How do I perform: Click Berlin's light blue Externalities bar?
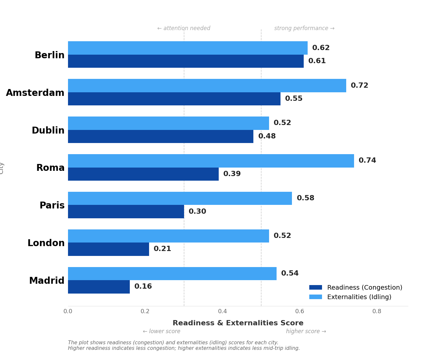point(188,48)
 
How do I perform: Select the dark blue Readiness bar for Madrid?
point(99,287)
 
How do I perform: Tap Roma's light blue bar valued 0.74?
point(211,161)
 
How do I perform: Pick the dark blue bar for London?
point(109,249)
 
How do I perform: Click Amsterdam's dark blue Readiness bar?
point(174,99)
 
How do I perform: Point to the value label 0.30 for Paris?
point(197,212)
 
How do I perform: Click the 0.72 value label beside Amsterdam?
point(359,86)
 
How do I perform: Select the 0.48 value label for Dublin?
point(267,136)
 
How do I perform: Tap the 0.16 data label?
point(143,287)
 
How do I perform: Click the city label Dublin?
point(48,131)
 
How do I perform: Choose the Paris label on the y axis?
point(52,206)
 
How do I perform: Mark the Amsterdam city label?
point(35,93)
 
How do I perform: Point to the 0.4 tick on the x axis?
point(222,312)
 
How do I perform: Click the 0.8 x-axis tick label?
point(377,312)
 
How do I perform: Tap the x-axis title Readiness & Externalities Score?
point(238,323)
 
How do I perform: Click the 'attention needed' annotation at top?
point(184,28)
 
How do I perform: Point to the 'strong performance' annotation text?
point(304,28)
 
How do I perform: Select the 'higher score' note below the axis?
point(306,332)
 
